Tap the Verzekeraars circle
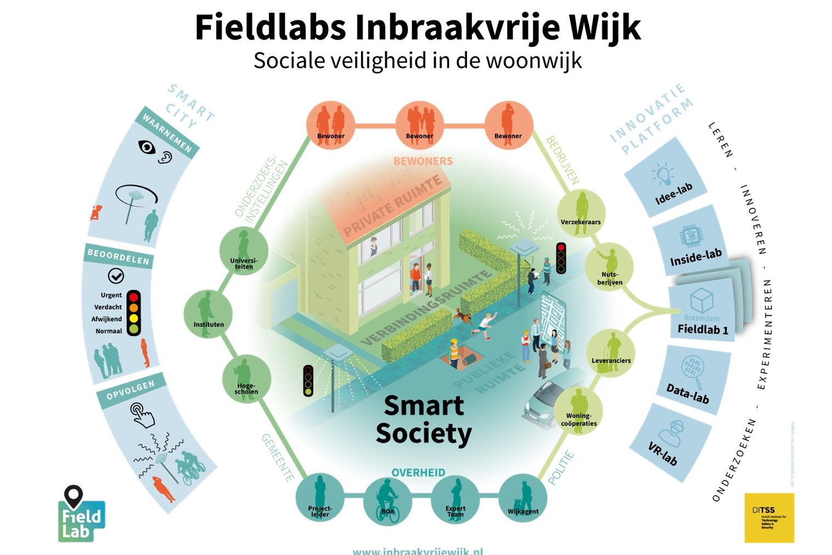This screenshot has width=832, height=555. [581, 214]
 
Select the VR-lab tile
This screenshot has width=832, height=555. [672, 442]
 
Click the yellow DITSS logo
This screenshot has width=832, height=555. [769, 518]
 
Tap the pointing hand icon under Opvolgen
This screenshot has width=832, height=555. [142, 415]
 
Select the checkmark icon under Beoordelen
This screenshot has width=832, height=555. [116, 276]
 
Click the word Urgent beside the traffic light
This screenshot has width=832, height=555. [111, 295]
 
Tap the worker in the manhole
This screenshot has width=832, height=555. [454, 353]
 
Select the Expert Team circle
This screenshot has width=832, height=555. [455, 500]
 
